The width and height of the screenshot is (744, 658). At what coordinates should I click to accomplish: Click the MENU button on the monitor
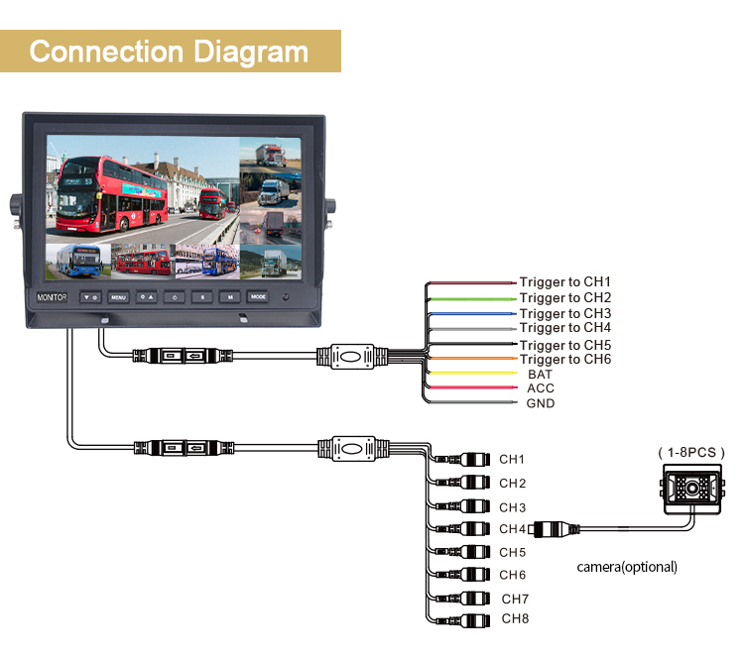click(118, 297)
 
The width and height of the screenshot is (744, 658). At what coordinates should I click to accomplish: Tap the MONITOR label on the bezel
click(52, 297)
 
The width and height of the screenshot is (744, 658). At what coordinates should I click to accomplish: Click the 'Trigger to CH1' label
click(564, 282)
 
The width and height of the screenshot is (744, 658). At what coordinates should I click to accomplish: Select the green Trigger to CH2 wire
click(472, 299)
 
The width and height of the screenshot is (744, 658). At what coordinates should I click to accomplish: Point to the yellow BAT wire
click(472, 373)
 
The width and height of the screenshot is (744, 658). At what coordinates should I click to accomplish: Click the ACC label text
click(541, 388)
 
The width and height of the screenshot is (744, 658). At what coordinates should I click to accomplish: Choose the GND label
click(541, 403)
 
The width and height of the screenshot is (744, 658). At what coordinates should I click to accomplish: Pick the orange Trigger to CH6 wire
click(472, 359)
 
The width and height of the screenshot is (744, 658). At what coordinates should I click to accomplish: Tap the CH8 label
click(515, 618)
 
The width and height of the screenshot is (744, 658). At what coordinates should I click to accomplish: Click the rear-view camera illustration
click(691, 490)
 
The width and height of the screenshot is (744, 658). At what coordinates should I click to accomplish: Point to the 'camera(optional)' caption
click(627, 567)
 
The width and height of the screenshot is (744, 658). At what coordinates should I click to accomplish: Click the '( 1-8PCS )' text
click(691, 453)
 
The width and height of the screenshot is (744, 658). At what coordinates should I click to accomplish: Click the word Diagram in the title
click(251, 53)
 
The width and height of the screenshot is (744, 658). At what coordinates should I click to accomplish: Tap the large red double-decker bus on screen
click(112, 194)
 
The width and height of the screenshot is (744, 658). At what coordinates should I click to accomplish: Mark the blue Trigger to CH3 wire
click(472, 314)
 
